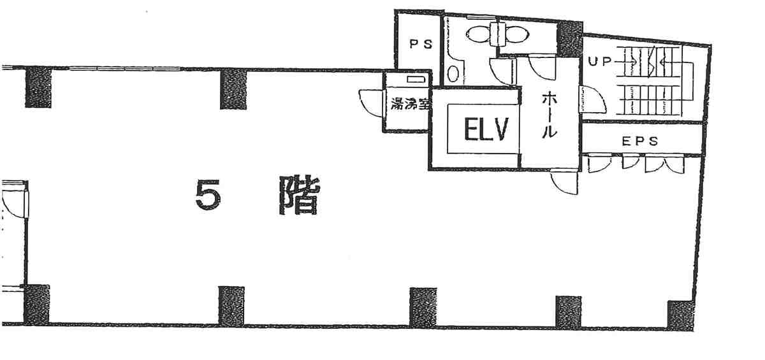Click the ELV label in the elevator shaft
[x=486, y=129]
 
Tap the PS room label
[x=421, y=44]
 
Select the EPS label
[x=640, y=141]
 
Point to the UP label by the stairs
[x=599, y=61]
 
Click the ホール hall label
[x=550, y=115]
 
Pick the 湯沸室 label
[x=410, y=104]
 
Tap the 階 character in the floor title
[x=299, y=195]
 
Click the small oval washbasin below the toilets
[x=453, y=73]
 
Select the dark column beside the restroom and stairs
[x=570, y=39]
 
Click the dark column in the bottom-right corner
[x=681, y=315]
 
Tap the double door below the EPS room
[x=664, y=164]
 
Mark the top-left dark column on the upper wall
[x=38, y=87]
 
